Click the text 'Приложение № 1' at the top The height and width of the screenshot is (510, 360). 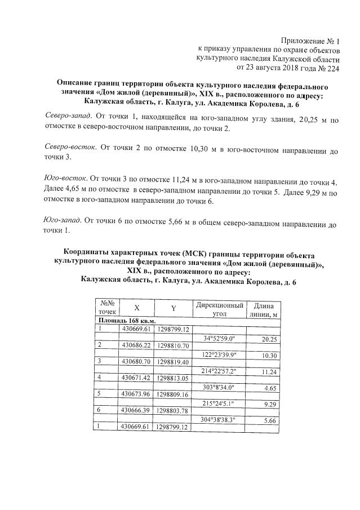(x=310, y=40)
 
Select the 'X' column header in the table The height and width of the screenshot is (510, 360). (x=136, y=308)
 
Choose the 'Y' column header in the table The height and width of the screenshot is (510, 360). (x=174, y=308)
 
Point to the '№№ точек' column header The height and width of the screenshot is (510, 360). (x=106, y=307)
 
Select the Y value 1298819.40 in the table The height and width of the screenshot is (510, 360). (x=174, y=361)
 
